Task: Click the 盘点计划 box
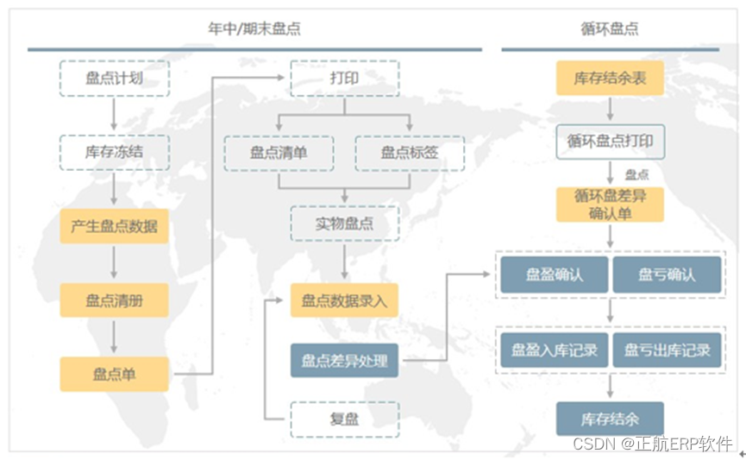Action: tap(114, 78)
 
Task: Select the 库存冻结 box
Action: tap(114, 152)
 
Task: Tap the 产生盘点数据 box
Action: tap(114, 226)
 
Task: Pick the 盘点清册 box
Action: tap(114, 299)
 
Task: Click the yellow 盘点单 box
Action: tap(114, 374)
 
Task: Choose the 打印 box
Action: tap(344, 78)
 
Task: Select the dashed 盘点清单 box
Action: tap(279, 153)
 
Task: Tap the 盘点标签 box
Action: tap(410, 153)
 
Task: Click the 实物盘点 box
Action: tap(344, 224)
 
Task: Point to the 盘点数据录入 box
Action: tap(344, 300)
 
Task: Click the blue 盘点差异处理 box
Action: tap(344, 361)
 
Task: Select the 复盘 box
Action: tap(344, 419)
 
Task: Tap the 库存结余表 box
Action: tap(610, 79)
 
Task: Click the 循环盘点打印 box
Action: tap(610, 141)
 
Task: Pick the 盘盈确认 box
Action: tap(555, 274)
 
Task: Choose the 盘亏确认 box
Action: tap(667, 274)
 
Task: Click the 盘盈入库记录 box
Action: tap(555, 350)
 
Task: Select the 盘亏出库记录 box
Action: tap(667, 350)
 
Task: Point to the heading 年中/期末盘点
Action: tap(254, 28)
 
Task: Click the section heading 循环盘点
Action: tap(610, 28)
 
